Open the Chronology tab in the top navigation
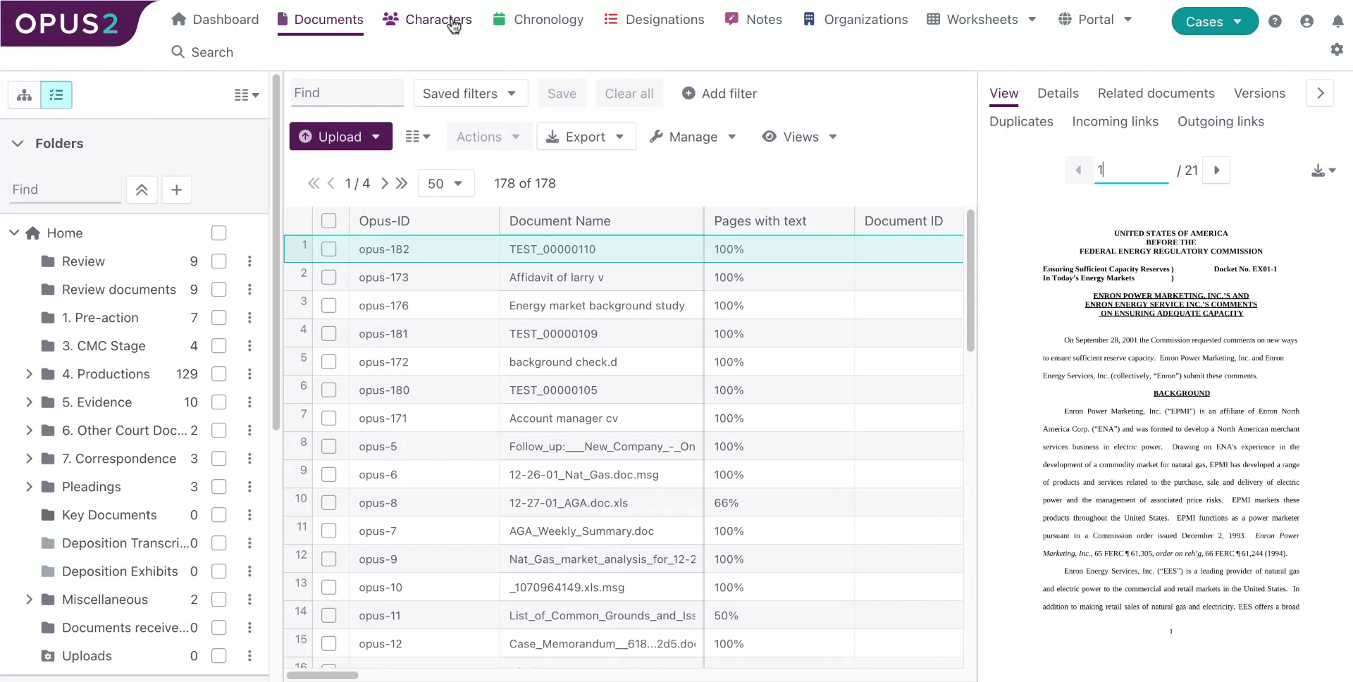click(539, 20)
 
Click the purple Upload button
click(340, 137)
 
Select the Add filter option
click(719, 94)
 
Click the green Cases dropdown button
click(1213, 21)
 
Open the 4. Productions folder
click(106, 374)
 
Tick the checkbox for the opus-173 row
click(329, 278)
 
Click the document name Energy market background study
click(596, 306)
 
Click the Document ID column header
click(903, 221)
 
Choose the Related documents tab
click(1156, 93)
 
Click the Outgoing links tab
click(1221, 121)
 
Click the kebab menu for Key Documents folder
click(249, 515)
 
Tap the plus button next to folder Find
click(177, 190)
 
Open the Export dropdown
click(586, 137)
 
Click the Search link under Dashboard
click(202, 52)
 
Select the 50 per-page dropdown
click(445, 183)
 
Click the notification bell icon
click(1337, 21)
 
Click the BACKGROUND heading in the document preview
click(1181, 393)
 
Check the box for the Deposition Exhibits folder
click(219, 571)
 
